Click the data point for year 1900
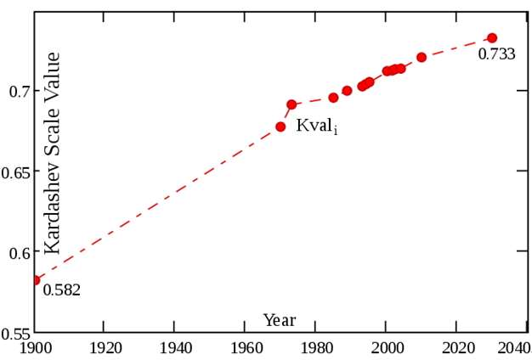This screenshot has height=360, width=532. coord(36,279)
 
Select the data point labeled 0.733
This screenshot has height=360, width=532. coord(491,38)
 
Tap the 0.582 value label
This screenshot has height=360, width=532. coord(62,290)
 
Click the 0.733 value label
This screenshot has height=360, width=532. coord(496,54)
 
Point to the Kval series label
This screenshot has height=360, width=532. coord(316,127)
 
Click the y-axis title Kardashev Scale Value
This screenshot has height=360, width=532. coord(53,153)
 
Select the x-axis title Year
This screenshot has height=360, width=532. coord(280,320)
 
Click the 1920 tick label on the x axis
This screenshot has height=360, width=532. coord(103,349)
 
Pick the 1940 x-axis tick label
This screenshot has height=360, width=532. coord(173,349)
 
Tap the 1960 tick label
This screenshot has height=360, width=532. coord(245,349)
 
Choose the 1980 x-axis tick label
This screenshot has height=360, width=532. coord(315,349)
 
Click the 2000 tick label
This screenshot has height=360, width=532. coord(386,349)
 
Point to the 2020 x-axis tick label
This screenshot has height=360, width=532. coord(456,349)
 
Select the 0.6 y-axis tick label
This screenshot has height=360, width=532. coord(19,253)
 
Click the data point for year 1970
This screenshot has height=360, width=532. coord(280,127)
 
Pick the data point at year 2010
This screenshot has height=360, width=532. coord(422,58)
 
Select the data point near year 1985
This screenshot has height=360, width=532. coord(333,98)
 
